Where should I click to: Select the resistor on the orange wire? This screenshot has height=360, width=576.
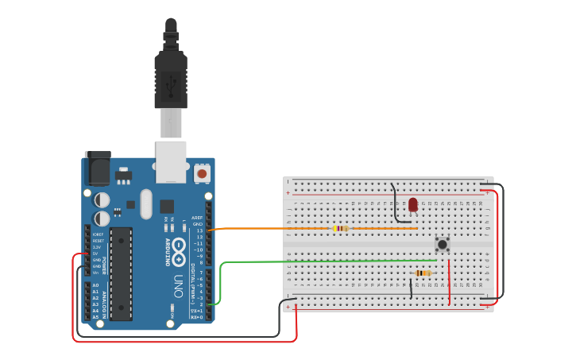tap(340, 229)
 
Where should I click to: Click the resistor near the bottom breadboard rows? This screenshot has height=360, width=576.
tap(423, 273)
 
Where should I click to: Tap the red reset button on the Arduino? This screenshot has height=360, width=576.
tap(202, 172)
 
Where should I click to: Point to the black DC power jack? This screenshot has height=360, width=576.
tap(98, 168)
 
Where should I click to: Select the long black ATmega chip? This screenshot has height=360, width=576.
tap(121, 273)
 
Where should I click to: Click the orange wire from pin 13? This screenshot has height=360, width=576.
tap(262, 229)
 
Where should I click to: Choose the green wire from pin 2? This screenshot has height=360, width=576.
tap(318, 261)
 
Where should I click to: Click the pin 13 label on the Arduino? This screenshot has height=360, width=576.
tap(199, 230)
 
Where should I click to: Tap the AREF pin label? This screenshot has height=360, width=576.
tap(197, 218)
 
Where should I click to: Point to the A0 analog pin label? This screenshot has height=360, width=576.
tap(95, 285)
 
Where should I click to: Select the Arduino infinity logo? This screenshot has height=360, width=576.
tap(179, 250)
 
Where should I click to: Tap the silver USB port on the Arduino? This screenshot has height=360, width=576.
tap(171, 161)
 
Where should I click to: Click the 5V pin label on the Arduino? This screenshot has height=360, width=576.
tap(96, 254)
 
